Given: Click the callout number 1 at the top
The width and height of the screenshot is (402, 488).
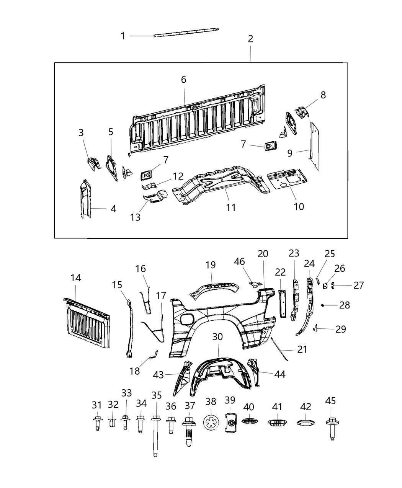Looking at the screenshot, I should click(123, 36).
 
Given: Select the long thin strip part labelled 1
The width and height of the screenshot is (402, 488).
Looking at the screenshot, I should click(186, 32).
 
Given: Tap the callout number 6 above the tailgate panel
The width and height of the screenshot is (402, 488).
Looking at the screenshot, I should click(184, 80).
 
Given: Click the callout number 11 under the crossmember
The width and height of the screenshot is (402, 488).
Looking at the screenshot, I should click(231, 207).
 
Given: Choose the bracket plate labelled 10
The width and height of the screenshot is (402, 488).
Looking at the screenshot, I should click(287, 180).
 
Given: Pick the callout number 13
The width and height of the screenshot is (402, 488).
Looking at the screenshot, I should click(135, 217).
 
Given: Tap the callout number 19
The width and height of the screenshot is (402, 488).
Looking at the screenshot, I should click(210, 265).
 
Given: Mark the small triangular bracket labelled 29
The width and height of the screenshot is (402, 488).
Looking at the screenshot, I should click(315, 328).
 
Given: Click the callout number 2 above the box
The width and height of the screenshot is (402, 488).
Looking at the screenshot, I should click(250, 39).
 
